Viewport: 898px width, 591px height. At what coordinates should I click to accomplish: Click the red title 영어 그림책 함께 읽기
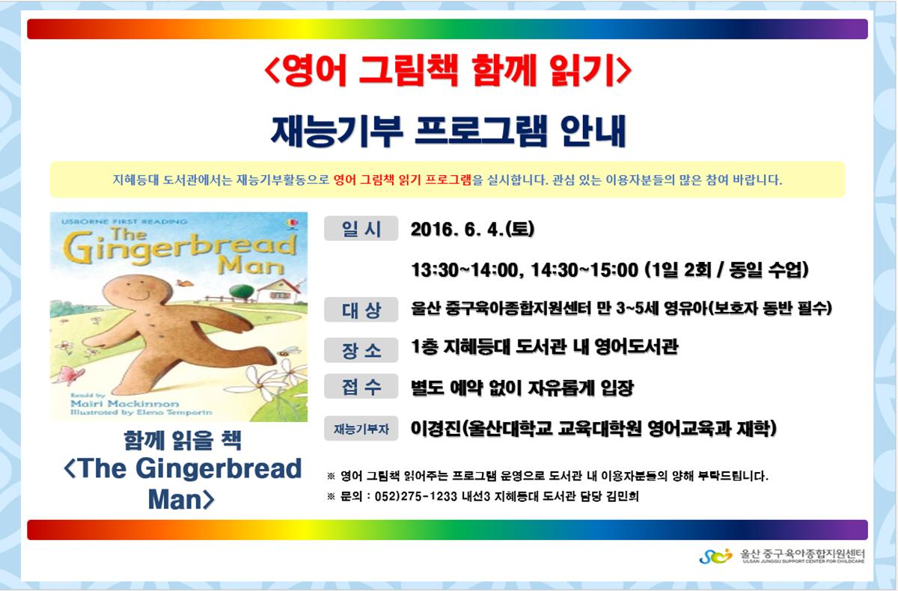tap(448, 72)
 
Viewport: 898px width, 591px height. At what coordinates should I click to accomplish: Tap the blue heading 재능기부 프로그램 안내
tap(448, 131)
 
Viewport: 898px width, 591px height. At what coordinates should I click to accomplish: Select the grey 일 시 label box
tap(361, 228)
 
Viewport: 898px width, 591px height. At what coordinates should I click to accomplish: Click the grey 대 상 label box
tap(361, 309)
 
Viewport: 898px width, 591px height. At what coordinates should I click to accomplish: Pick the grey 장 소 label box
tap(361, 350)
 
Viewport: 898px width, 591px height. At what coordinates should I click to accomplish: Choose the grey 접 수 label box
tap(361, 386)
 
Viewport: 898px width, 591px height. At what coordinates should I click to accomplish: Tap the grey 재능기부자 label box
tap(361, 429)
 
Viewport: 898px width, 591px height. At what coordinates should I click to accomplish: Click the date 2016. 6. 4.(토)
tap(472, 229)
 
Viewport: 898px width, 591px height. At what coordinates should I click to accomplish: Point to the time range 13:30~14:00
tap(465, 269)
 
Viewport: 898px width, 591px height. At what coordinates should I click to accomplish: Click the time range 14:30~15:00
tap(584, 269)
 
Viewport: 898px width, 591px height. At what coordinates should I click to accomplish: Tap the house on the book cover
tap(277, 290)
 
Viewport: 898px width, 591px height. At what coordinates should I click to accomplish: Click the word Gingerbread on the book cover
tap(180, 247)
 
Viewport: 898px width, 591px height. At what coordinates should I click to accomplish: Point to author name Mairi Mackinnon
tap(124, 403)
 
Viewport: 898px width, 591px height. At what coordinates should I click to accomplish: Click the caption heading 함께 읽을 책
tap(183, 441)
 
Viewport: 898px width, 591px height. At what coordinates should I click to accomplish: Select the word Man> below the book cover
tap(181, 499)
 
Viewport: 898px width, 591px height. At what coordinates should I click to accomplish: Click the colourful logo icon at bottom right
tap(715, 556)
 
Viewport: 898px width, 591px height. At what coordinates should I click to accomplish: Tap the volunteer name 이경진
tap(436, 429)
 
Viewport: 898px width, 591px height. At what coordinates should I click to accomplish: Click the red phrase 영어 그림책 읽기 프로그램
tap(402, 180)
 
